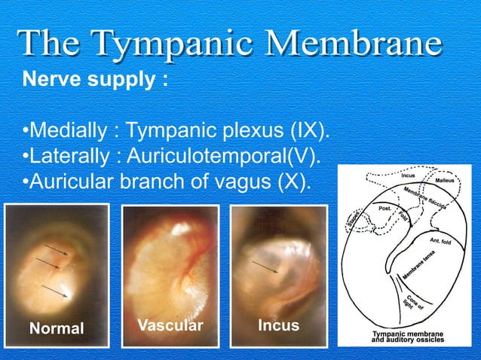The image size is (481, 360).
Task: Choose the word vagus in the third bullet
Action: coord(230,182)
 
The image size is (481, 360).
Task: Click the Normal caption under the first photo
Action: coord(57,328)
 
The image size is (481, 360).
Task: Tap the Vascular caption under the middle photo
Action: coord(170,325)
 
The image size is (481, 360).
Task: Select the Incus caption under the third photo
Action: coord(278,325)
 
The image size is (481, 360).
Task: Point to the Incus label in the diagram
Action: coord(408,175)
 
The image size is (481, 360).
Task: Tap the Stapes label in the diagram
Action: coord(351,221)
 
